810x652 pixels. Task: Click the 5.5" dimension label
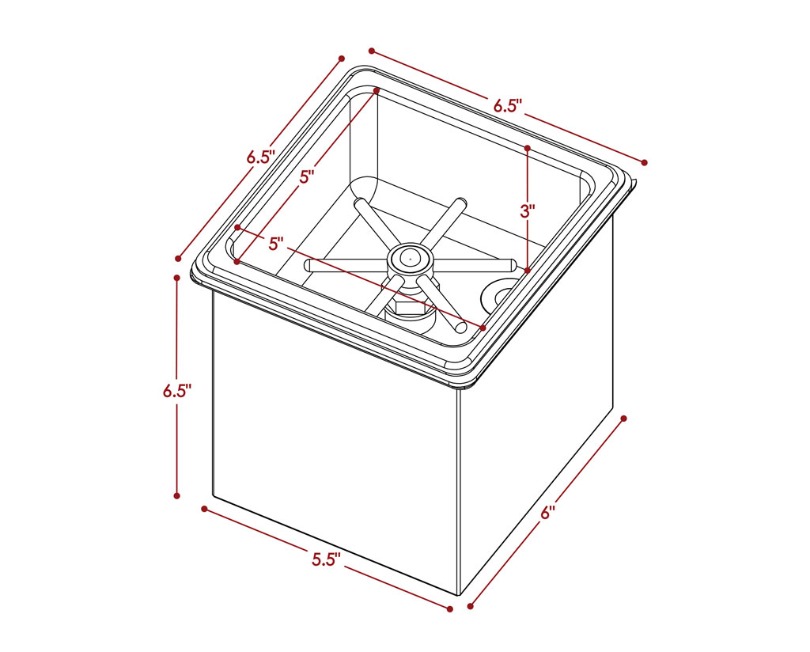(326, 559)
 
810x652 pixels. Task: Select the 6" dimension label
(547, 513)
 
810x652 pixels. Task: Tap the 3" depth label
(528, 210)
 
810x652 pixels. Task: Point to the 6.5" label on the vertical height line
(177, 391)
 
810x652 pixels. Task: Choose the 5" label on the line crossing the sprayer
(276, 244)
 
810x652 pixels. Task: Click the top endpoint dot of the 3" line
(528, 148)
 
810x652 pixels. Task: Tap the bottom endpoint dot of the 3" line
(528, 270)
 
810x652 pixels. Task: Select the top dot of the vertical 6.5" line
(177, 278)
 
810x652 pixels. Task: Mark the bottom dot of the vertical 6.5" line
(177, 495)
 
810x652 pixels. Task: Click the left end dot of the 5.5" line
(205, 509)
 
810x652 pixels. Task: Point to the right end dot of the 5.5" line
(450, 609)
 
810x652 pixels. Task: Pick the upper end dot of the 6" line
(623, 418)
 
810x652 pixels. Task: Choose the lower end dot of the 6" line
(470, 607)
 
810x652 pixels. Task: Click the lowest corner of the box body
(460, 594)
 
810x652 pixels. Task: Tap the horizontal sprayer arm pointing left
(346, 266)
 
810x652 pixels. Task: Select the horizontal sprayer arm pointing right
(473, 263)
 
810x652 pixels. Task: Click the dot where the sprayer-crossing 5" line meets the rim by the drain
(483, 328)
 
